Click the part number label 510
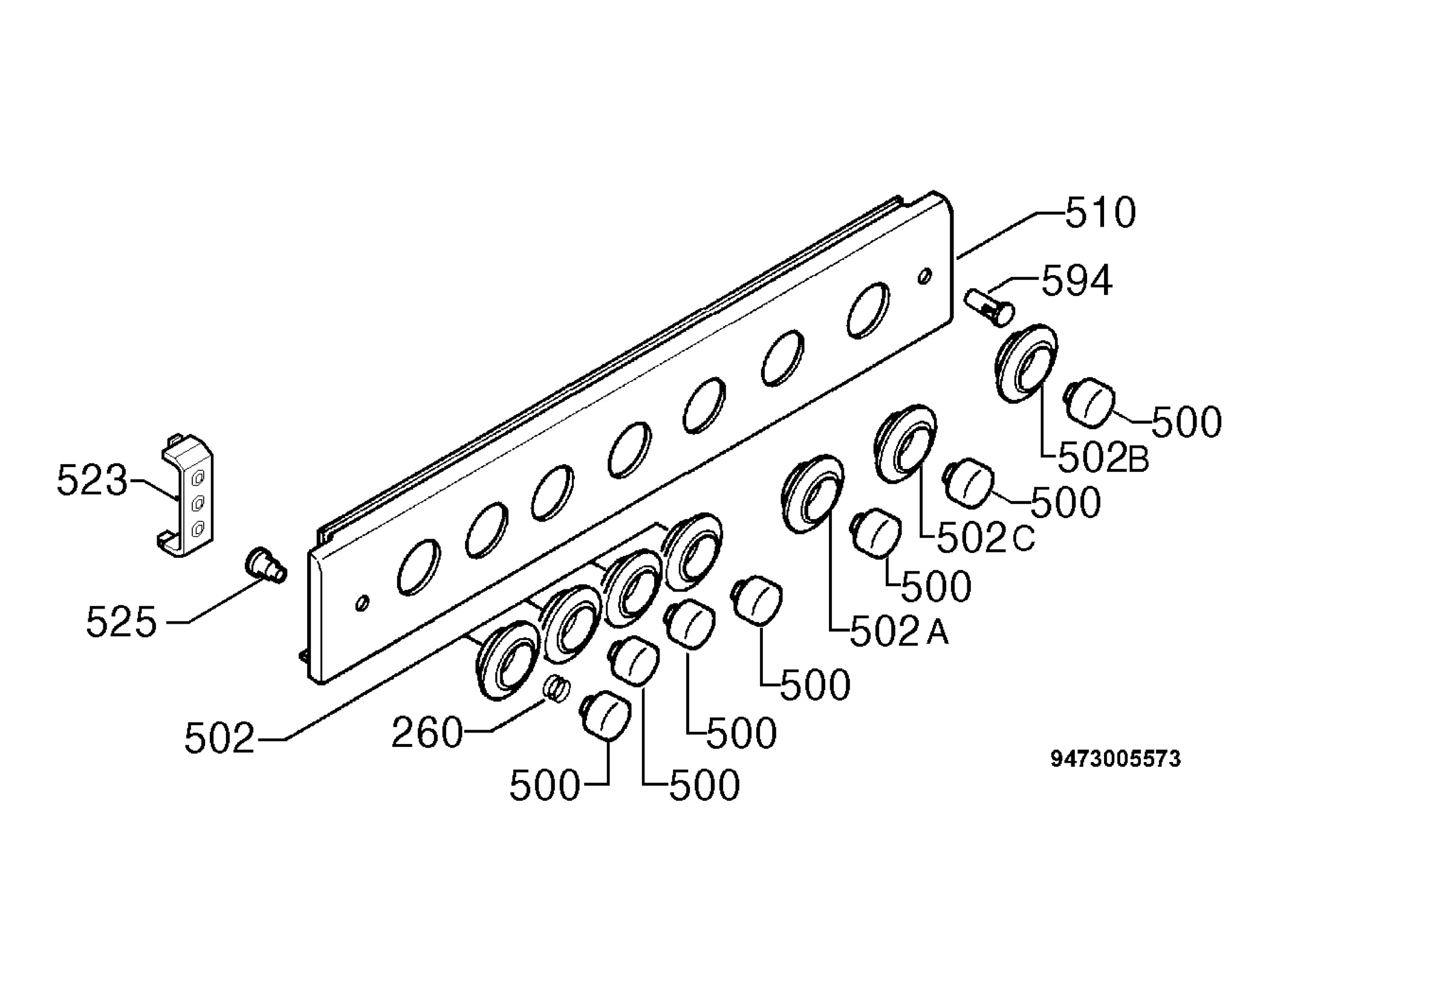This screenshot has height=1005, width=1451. pyautogui.click(x=1100, y=213)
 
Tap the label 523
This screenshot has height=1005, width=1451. pyautogui.click(x=92, y=480)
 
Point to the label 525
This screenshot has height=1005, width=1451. pyautogui.click(x=121, y=622)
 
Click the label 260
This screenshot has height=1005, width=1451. pyautogui.click(x=427, y=734)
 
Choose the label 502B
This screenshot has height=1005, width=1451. pyautogui.click(x=1103, y=458)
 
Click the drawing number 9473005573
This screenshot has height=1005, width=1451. pyautogui.click(x=1115, y=759)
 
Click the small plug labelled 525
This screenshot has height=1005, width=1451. pyautogui.click(x=265, y=565)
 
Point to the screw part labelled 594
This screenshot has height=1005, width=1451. pyautogui.click(x=988, y=306)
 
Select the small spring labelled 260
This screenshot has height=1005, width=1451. pyautogui.click(x=557, y=688)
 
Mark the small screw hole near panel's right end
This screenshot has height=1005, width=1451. pyautogui.click(x=924, y=276)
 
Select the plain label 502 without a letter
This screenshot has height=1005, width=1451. pyautogui.click(x=219, y=738)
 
